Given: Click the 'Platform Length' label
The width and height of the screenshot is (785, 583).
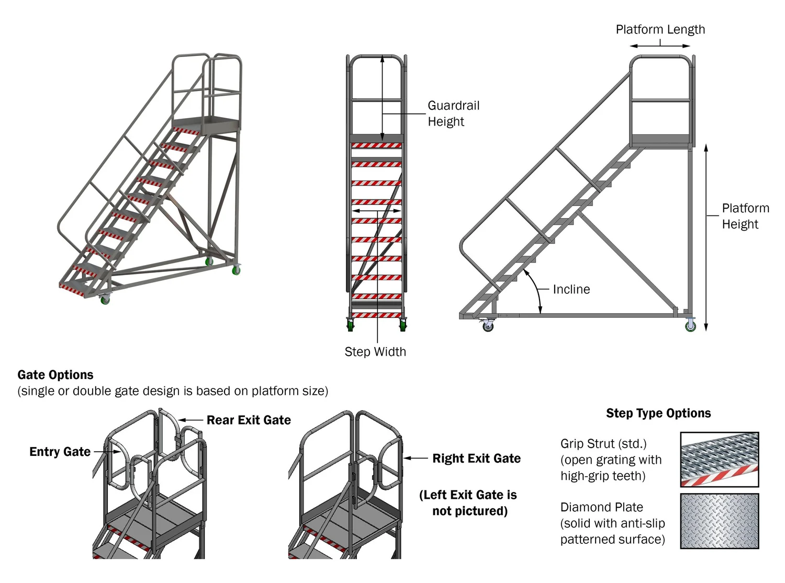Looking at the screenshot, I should [660, 29].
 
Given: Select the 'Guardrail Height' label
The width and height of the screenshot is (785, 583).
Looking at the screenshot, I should [453, 113].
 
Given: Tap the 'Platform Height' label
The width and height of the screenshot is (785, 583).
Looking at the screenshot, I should [745, 216].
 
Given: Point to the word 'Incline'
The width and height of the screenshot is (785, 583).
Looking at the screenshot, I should [571, 289].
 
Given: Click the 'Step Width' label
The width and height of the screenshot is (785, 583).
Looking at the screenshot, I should [375, 352].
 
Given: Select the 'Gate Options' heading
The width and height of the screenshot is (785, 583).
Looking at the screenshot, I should [55, 375].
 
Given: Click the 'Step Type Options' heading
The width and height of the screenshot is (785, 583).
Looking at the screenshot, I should [658, 413].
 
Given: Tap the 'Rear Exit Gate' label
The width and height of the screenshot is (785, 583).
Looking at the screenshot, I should [249, 420].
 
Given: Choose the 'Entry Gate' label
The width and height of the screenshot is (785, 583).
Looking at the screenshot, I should [60, 452].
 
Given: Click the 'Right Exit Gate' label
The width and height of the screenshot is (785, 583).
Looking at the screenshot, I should [476, 459].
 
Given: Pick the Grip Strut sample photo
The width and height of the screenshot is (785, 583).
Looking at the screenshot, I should [719, 459].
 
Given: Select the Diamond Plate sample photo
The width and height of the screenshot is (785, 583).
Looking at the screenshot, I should [719, 521].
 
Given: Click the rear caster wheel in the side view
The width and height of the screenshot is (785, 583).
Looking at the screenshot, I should [690, 326].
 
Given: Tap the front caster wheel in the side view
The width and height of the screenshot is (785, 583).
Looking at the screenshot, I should [488, 326].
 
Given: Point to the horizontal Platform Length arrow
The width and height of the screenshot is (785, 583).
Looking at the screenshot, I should [660, 46].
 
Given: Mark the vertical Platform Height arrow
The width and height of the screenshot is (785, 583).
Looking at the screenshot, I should [706, 238].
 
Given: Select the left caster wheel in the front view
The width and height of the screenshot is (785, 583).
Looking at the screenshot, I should [350, 325].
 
